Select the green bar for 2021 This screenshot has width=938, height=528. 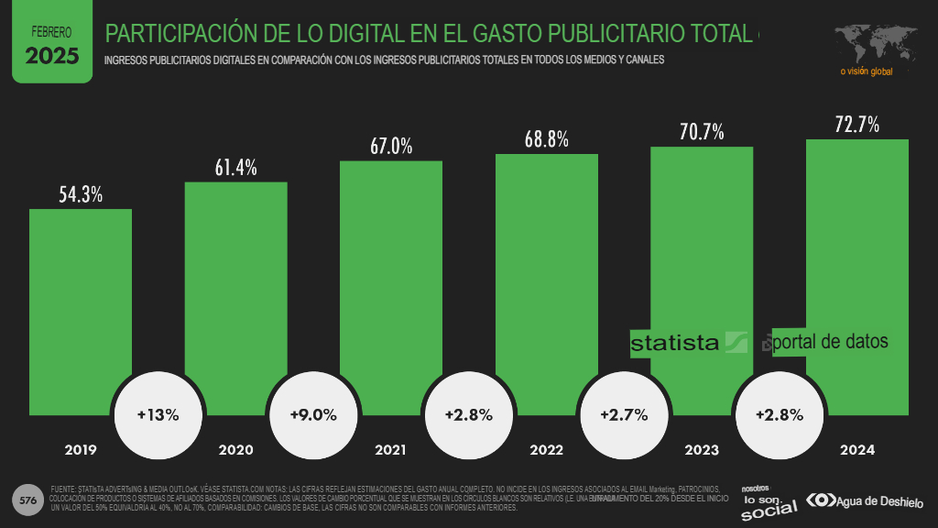[391, 275]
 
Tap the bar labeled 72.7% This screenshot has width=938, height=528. [856, 257]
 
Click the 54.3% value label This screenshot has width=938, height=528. [81, 194]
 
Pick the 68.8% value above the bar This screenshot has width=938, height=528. [547, 139]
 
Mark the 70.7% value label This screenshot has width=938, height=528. [702, 132]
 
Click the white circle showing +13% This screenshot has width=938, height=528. [158, 414]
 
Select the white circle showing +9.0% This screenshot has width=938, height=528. [312, 414]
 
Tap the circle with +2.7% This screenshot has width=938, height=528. [623, 414]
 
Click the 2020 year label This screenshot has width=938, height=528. [236, 450]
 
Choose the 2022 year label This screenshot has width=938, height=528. [547, 450]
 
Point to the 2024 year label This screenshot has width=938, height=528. [856, 450]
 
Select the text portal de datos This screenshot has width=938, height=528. [830, 341]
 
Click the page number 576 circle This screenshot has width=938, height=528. [28, 500]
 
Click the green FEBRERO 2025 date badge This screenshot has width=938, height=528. [52, 44]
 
